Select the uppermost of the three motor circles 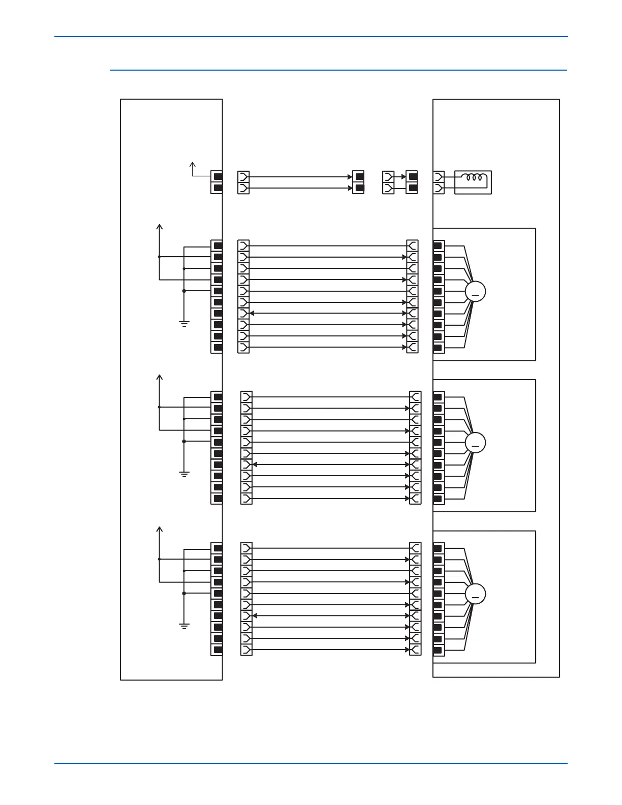(475, 292)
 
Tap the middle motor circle (475, 443)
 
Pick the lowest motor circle (475, 594)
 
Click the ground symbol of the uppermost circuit (184, 323)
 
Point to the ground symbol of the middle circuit (184, 474)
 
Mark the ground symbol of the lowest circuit (184, 626)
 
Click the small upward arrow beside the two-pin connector (193, 165)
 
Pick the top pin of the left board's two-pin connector (217, 177)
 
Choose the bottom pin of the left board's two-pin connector (217, 188)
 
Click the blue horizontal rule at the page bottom (310, 763)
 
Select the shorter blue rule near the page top (338, 70)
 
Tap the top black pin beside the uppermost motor (438, 246)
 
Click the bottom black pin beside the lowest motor (438, 650)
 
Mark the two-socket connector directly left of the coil (439, 182)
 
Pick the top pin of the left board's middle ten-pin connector (217, 397)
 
